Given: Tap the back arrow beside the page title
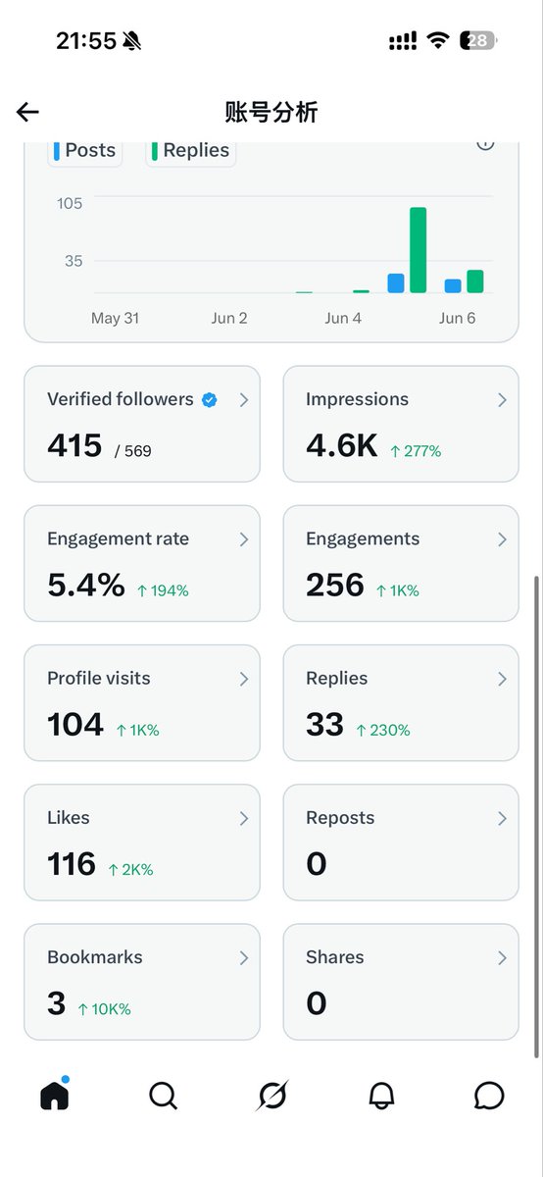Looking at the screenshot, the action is [x=27, y=112].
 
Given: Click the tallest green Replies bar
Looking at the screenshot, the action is [x=418, y=249].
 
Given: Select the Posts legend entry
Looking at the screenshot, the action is [x=85, y=151].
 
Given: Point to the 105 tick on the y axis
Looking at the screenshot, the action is [x=70, y=203].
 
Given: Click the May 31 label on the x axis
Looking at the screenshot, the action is [x=115, y=318].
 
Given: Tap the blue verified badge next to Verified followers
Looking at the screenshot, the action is [x=210, y=400].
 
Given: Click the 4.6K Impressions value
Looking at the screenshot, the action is [x=341, y=445].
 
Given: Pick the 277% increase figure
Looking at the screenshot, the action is [x=416, y=451].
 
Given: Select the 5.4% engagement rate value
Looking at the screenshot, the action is [x=86, y=585].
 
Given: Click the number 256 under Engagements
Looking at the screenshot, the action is [x=335, y=585].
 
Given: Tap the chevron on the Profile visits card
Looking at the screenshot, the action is [x=244, y=679].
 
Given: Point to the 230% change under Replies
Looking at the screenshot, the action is [x=383, y=730].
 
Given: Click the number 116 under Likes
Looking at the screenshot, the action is [x=72, y=864].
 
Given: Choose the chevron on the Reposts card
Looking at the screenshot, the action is [x=502, y=818].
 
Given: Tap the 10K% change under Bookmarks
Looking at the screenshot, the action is [x=105, y=1009].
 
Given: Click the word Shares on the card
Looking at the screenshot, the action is [x=335, y=957].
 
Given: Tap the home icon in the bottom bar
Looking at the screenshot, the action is [x=55, y=1096].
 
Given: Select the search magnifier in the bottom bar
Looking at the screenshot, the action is [x=164, y=1096].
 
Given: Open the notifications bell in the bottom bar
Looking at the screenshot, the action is [x=381, y=1096].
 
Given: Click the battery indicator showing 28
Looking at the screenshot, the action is [x=478, y=40].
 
